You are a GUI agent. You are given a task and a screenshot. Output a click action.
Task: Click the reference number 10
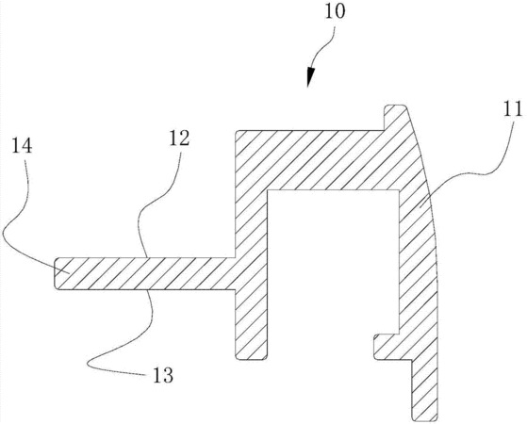pyautogui.click(x=335, y=11)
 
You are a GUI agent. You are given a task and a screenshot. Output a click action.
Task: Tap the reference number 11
pyautogui.click(x=513, y=108)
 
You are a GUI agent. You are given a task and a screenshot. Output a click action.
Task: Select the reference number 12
pyautogui.click(x=179, y=139)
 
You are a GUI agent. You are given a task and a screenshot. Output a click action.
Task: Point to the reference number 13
pyautogui.click(x=163, y=375)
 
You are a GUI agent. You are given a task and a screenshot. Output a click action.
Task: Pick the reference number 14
pyautogui.click(x=23, y=146)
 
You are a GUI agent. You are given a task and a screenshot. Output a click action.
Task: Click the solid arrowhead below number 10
pyautogui.click(x=310, y=77)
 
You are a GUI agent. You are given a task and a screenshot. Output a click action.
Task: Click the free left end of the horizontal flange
pyautogui.click(x=55, y=273)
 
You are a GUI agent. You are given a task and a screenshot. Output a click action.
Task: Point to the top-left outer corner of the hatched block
pyautogui.click(x=236, y=131)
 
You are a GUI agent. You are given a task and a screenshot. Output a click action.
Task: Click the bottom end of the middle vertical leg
pyautogui.click(x=252, y=359)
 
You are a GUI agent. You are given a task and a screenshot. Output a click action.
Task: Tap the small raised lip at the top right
pyautogui.click(x=395, y=116)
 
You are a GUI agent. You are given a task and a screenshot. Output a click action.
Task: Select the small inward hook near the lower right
pyautogui.click(x=387, y=347)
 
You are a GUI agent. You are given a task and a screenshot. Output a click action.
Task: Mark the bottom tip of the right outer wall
pyautogui.click(x=425, y=420)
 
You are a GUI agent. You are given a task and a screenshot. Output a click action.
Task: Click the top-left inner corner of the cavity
pyautogui.click(x=268, y=190)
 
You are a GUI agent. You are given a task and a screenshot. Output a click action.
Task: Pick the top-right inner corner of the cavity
pyautogui.click(x=399, y=190)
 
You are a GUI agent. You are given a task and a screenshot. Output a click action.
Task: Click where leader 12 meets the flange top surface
pyautogui.click(x=147, y=257)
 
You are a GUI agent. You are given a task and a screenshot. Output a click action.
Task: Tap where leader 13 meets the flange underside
pyautogui.click(x=148, y=289)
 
